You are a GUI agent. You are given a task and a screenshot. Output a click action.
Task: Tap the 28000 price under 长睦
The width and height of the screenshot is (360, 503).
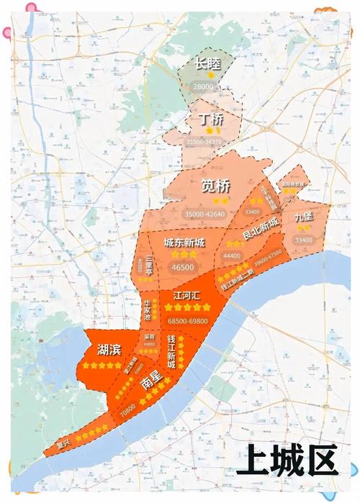(204, 86)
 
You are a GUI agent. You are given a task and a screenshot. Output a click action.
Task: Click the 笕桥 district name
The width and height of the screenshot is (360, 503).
(215, 186)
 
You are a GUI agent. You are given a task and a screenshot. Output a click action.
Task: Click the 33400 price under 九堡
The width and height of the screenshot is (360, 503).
(304, 240)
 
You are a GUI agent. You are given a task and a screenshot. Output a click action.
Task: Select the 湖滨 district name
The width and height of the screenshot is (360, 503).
(108, 350)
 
